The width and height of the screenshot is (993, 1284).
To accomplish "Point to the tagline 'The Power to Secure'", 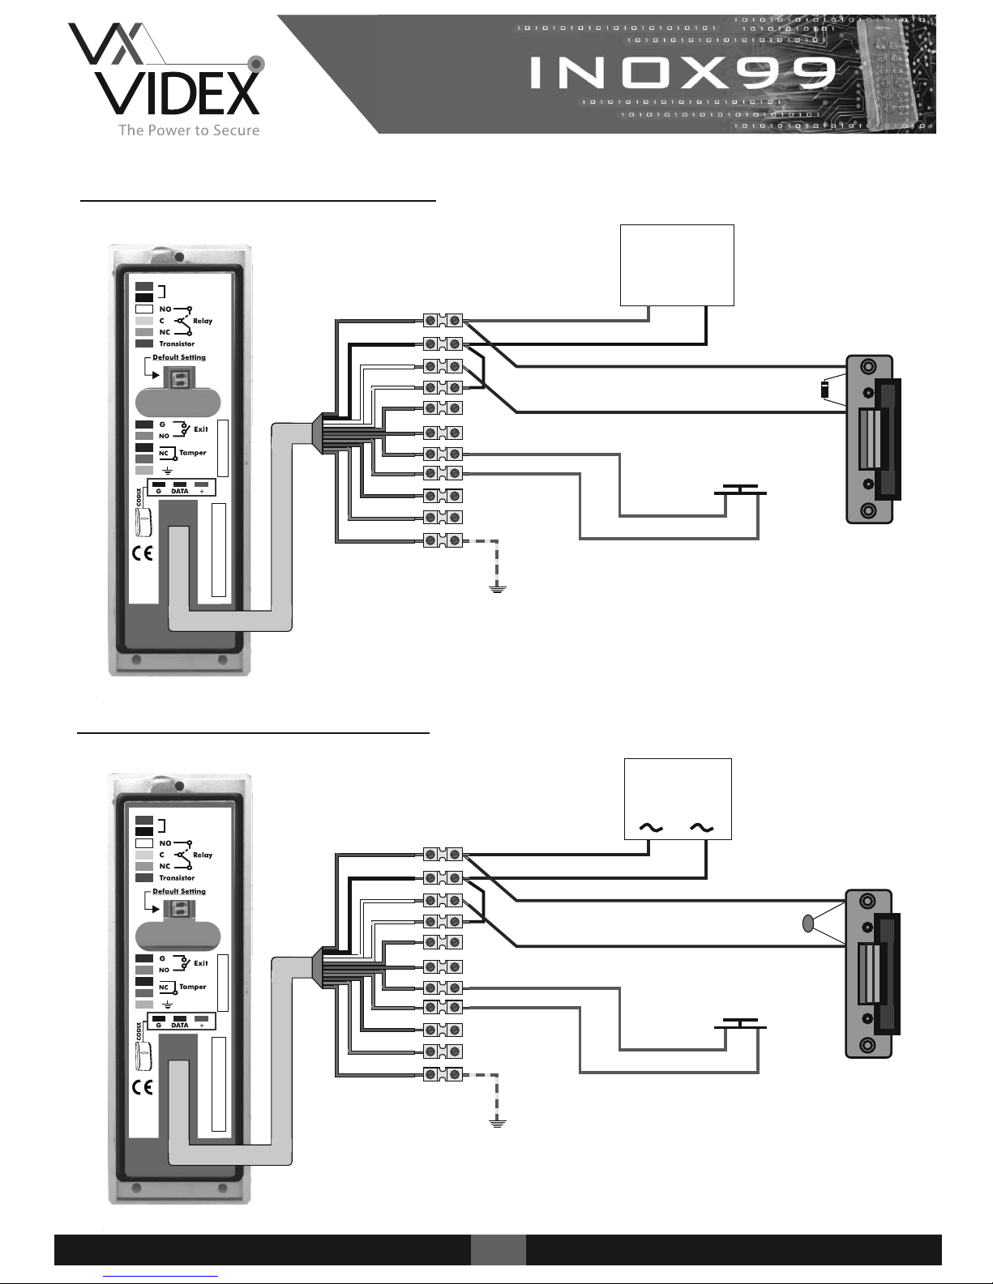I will coord(189,130).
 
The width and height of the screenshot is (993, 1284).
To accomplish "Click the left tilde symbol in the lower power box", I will coord(651,828).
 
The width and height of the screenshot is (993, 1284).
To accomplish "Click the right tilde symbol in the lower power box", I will coord(702,828).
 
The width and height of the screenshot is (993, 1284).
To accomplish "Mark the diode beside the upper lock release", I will coord(825,390).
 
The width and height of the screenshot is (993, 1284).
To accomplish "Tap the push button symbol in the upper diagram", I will coord(739,492).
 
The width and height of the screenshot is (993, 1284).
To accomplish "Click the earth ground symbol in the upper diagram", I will coord(497,589).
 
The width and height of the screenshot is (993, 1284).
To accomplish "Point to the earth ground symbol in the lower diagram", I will coord(497,1123).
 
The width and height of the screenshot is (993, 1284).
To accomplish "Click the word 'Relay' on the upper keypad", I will coord(203,321).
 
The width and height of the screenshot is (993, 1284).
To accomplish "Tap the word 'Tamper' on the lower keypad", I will coord(193,987).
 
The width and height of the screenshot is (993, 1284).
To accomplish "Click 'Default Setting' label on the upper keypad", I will coord(179,357).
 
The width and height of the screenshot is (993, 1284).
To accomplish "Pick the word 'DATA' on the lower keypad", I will coord(180,1025).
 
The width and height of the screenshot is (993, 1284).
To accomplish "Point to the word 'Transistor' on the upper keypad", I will coord(177,343).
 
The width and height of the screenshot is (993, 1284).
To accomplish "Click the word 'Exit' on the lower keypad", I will coord(201,963).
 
